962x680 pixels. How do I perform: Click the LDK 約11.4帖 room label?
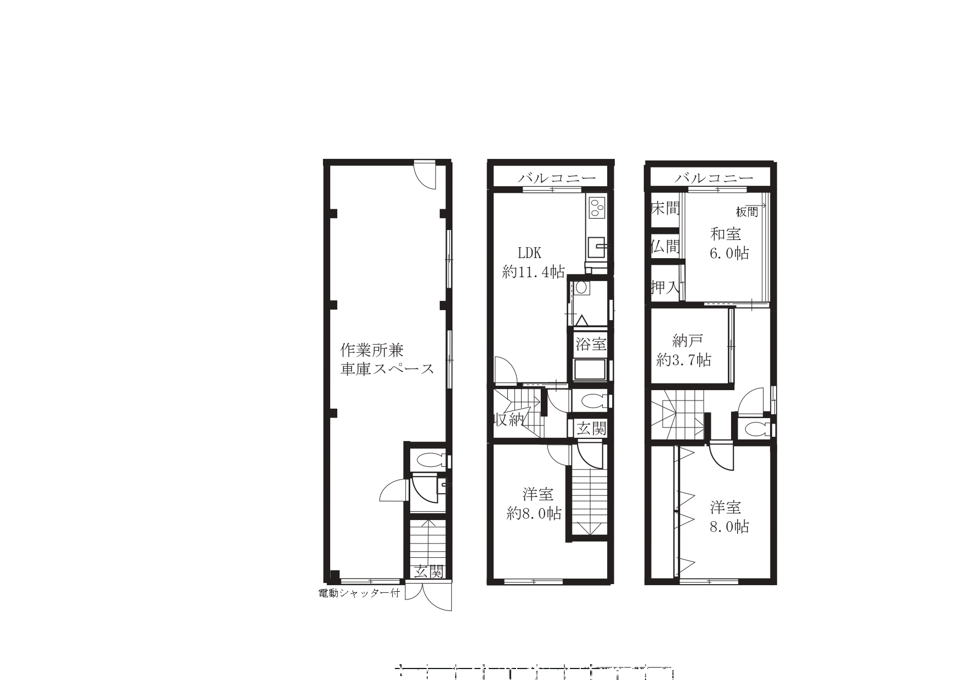[x=534, y=262]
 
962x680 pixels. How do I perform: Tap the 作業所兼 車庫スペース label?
[x=387, y=359]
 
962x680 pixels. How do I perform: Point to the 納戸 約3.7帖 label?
[x=684, y=351]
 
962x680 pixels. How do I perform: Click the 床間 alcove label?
[x=665, y=208]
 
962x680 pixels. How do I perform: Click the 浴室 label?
[x=591, y=344]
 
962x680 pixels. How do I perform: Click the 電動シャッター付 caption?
[x=359, y=593]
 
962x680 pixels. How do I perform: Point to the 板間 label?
[x=746, y=212]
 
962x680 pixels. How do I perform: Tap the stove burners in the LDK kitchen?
[x=597, y=208]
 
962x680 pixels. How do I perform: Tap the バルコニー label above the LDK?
[x=557, y=178]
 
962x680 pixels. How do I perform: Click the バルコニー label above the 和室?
[x=714, y=178]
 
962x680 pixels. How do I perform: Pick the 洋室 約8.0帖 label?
[x=534, y=505]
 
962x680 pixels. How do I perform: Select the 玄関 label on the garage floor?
[x=428, y=572]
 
